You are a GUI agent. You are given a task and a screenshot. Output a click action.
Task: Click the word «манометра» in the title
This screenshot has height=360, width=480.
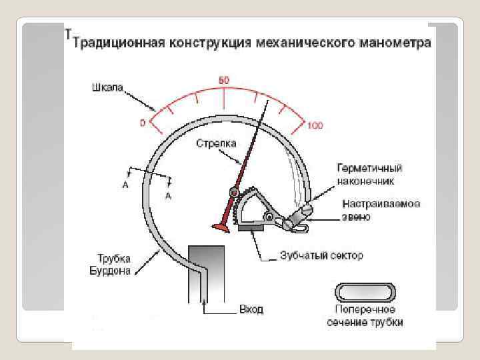click(x=394, y=44)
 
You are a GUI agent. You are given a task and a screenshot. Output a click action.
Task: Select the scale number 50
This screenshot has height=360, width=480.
click(x=224, y=80)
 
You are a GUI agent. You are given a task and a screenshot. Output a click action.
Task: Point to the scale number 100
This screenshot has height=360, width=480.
click(x=315, y=125)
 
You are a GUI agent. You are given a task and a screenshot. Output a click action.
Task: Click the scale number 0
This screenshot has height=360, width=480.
click(x=142, y=123)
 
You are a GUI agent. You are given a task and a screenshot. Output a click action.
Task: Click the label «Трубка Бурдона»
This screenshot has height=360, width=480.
click(x=111, y=264)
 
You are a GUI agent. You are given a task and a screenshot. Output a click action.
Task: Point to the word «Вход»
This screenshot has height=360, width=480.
click(x=251, y=310)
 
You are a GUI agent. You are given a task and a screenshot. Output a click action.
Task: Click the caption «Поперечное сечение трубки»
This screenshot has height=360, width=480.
click(x=365, y=316)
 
